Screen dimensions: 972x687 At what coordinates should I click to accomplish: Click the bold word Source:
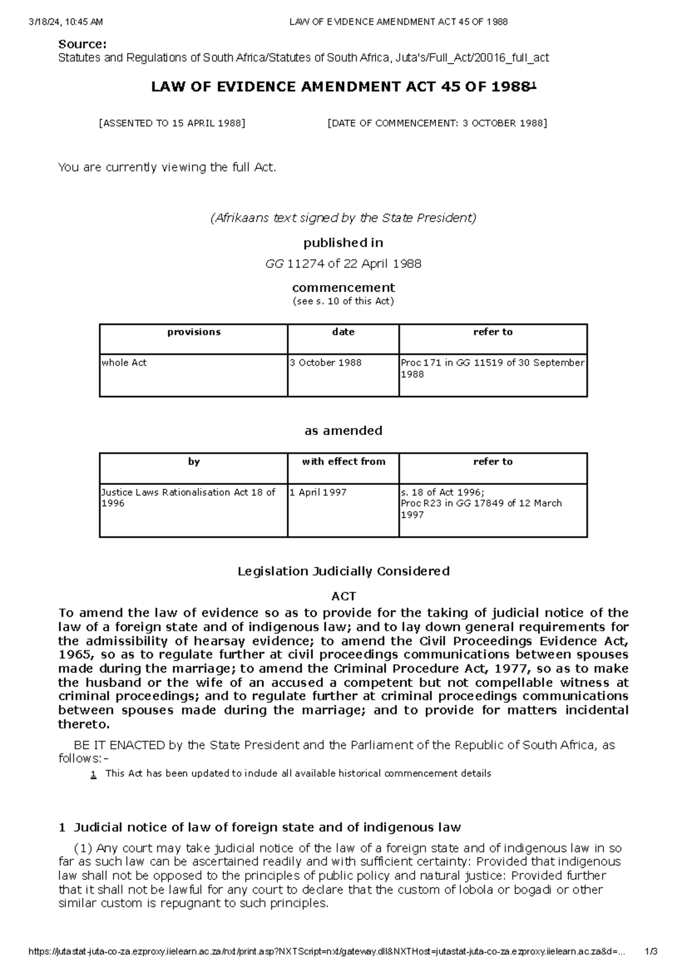pos(82,44)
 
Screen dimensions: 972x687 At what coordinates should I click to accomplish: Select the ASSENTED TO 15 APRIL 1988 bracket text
pos(172,123)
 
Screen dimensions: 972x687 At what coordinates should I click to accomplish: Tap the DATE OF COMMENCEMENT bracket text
pos(437,123)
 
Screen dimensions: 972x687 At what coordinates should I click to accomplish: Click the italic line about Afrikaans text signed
pos(343,218)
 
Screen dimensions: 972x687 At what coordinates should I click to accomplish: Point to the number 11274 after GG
pos(305,264)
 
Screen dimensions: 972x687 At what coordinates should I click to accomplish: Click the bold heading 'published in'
pos(343,243)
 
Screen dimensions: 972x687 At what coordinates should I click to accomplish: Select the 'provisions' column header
pos(194,332)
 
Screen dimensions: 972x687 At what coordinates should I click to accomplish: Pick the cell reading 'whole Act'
pos(124,363)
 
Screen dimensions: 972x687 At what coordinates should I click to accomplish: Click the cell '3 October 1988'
pos(326,363)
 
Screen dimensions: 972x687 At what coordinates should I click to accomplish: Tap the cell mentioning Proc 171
pos(492,368)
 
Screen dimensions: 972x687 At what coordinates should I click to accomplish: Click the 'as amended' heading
pos(343,430)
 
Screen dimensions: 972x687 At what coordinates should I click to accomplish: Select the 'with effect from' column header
pos(343,461)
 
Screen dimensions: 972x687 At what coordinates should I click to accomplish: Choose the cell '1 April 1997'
pos(318,492)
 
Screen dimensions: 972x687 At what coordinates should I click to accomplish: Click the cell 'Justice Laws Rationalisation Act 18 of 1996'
pos(188,497)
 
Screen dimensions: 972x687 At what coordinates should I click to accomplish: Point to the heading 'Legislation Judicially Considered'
pos(343,571)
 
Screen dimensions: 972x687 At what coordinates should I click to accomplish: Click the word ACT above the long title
pos(343,596)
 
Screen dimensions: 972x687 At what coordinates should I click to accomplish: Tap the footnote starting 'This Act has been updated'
pos(298,773)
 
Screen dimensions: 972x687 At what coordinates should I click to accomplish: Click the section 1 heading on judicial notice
pos(260,827)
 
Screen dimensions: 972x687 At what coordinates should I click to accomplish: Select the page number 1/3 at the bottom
pos(651,952)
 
